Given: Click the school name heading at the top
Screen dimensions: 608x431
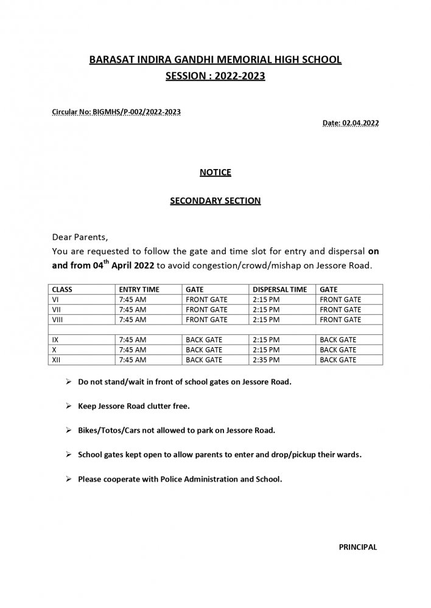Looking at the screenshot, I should [x=215, y=60].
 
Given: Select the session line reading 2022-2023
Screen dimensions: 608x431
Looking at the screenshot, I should [x=215, y=77].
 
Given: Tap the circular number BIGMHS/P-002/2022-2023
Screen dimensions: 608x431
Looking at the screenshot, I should [x=116, y=112].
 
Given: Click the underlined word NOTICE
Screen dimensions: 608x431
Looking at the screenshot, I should [x=215, y=173].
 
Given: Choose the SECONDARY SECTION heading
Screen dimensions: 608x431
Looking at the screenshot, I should [x=215, y=201].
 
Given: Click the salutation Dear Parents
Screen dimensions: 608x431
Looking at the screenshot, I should [x=80, y=237].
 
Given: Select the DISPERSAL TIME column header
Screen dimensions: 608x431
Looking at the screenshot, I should [x=279, y=289].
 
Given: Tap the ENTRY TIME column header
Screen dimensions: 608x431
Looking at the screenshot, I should [x=139, y=289].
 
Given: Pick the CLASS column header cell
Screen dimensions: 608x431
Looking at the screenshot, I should [x=63, y=289].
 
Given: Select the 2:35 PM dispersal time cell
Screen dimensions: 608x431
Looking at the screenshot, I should [x=265, y=360].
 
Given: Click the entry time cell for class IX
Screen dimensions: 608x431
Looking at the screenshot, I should [x=133, y=339].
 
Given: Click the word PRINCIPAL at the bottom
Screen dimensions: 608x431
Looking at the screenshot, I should [x=358, y=547].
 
